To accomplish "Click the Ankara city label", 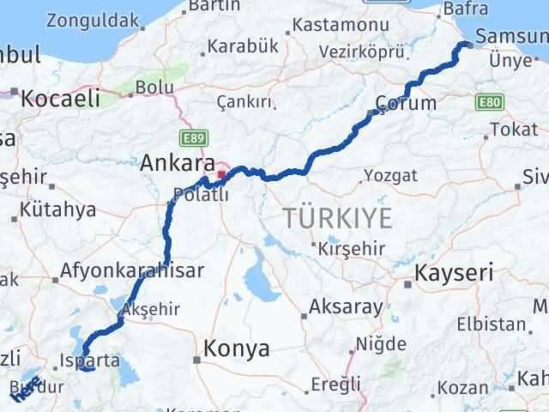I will pyautogui.click(x=177, y=162).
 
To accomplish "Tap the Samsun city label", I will pyautogui.click(x=511, y=37).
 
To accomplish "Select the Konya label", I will pyautogui.click(x=236, y=348).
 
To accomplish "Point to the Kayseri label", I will pyautogui.click(x=455, y=274).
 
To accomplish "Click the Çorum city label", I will pyautogui.click(x=407, y=103).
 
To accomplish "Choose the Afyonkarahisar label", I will pyautogui.click(x=132, y=271).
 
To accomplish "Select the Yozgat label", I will pyautogui.click(x=390, y=175).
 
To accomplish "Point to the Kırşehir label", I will pyautogui.click(x=348, y=246).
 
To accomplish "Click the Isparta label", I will pyautogui.click(x=90, y=360).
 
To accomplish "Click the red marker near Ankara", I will pyautogui.click(x=221, y=175).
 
